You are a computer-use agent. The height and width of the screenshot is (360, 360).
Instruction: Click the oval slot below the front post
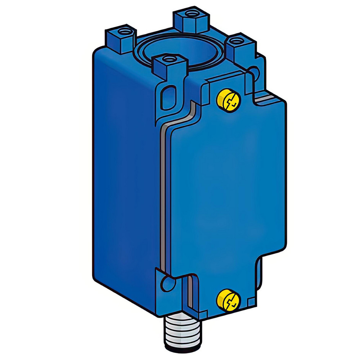tap(167, 97)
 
